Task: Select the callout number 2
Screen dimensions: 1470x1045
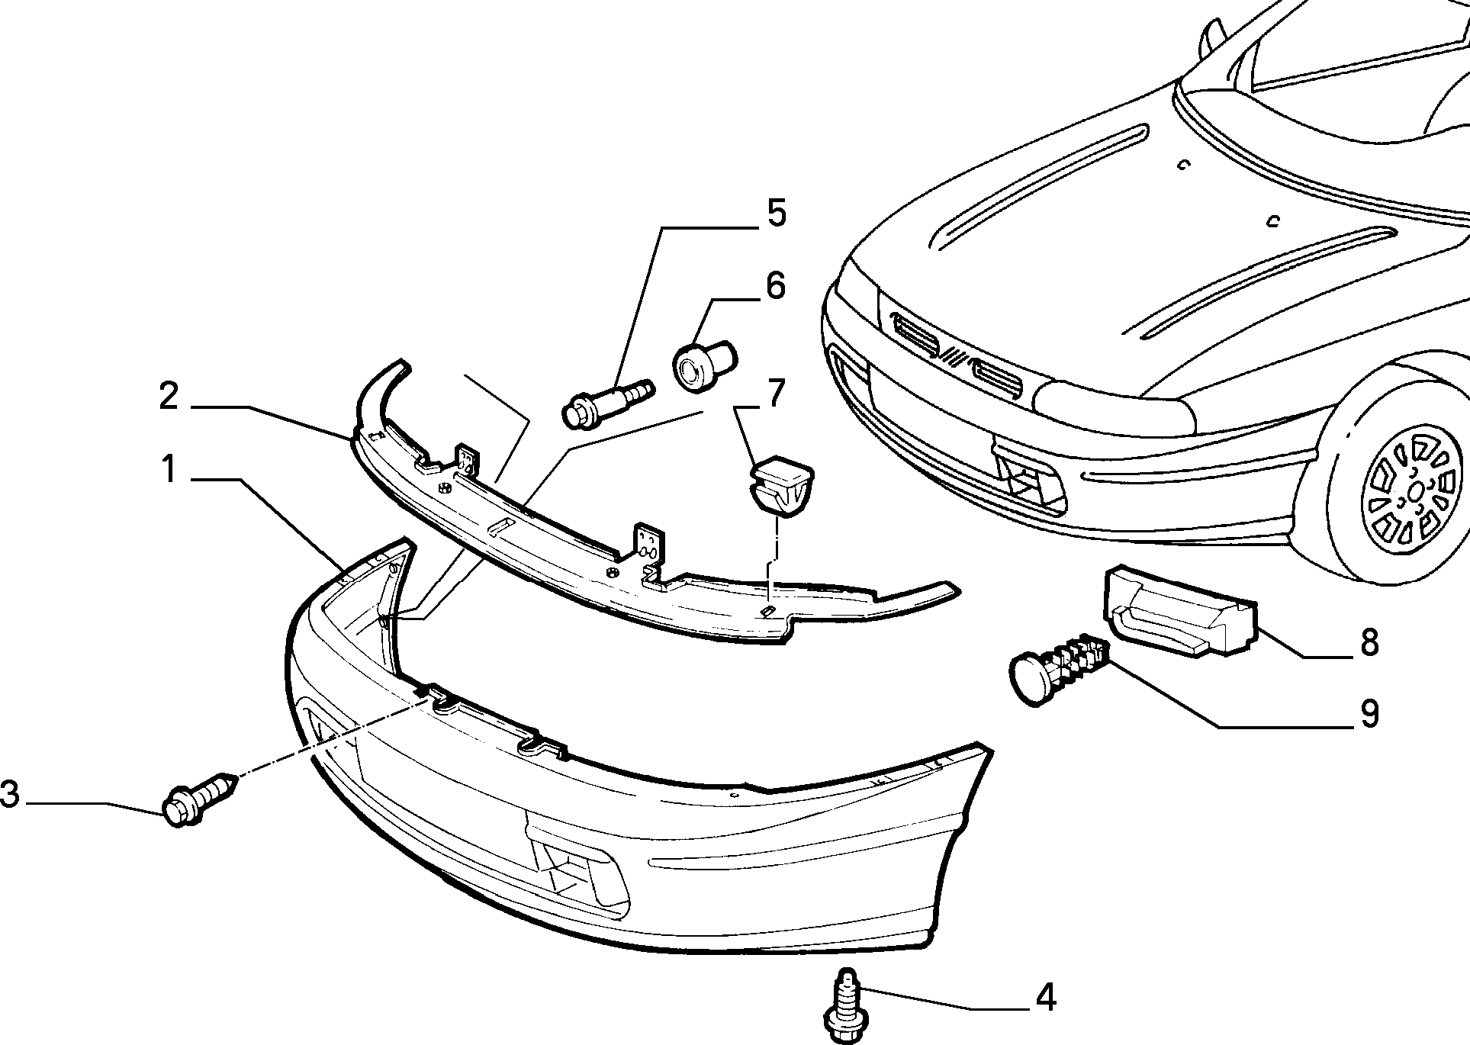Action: click(x=169, y=397)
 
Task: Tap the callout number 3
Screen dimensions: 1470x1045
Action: click(x=9, y=795)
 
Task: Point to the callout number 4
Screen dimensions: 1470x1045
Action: click(x=1045, y=998)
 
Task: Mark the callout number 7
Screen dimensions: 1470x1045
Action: click(x=775, y=393)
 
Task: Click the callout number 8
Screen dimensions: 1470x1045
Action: click(x=1370, y=642)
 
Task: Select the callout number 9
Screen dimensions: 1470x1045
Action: click(x=1370, y=714)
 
